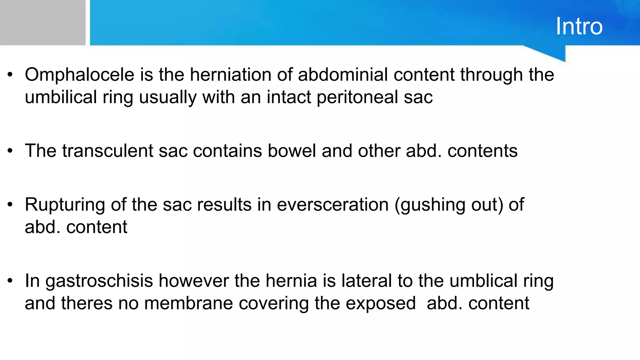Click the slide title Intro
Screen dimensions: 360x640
pos(579,26)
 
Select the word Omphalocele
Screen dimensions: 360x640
pos(80,75)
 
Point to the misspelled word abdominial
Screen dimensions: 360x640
pos(343,75)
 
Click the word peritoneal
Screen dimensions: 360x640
pos(357,97)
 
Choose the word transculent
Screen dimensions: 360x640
pos(107,151)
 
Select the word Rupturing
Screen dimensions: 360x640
pos(65,205)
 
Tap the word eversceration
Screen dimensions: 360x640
pos(332,205)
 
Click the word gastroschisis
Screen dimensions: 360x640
pos(99,281)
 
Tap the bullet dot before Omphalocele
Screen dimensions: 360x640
pos(10,75)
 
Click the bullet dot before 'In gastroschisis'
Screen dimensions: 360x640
pos(10,281)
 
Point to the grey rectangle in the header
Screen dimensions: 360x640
pos(42,22)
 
